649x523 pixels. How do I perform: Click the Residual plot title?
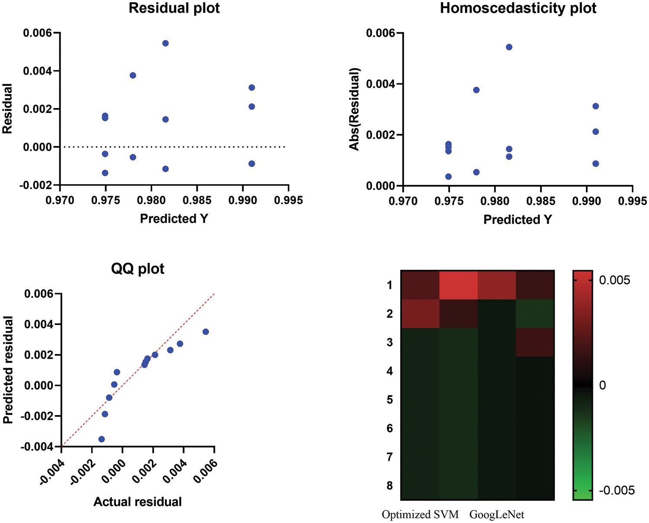point(174,8)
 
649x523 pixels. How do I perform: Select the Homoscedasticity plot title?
point(518,8)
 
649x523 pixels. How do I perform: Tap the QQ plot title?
point(138,269)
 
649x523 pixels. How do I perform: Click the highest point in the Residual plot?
point(165,43)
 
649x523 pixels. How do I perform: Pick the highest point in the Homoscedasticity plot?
point(509,47)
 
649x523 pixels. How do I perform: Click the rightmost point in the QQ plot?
point(206,332)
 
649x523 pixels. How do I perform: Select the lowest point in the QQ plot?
point(102,439)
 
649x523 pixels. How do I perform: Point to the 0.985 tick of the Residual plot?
point(197,201)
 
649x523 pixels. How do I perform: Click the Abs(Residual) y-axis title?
point(355,109)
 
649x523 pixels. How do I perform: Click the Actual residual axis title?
point(138,502)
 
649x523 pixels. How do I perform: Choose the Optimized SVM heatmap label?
point(420,515)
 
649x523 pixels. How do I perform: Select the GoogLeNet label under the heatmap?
point(497,515)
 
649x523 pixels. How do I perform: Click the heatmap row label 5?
point(390,400)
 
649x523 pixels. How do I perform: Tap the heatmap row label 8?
point(390,485)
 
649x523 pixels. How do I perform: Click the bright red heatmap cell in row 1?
point(459,285)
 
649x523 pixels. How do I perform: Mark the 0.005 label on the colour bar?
point(614,281)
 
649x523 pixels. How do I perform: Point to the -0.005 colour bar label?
point(617,491)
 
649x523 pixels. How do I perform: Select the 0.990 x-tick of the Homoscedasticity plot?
point(587,201)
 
